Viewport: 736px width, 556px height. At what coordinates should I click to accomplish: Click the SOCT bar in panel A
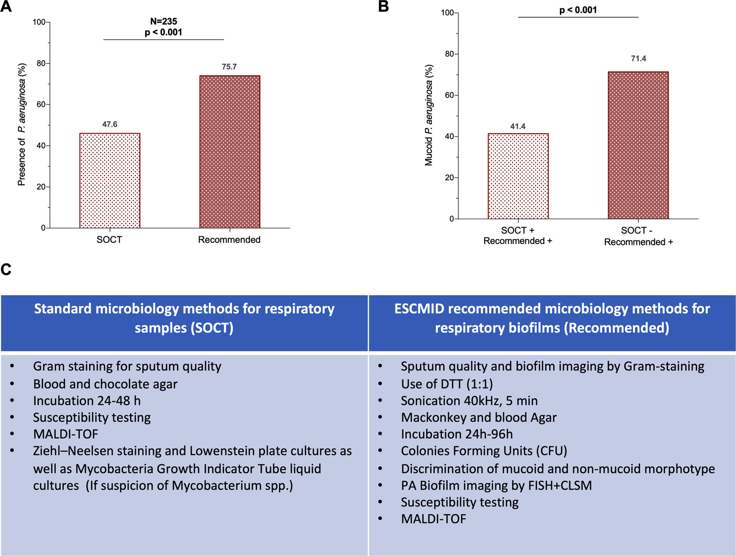coord(110,180)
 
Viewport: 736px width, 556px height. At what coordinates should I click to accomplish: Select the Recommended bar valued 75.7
coord(230,152)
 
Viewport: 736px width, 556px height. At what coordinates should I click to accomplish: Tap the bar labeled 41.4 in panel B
coord(518,176)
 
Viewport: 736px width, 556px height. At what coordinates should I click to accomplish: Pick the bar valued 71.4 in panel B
coord(638,145)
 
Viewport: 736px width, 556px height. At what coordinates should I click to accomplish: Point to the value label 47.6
coord(110,124)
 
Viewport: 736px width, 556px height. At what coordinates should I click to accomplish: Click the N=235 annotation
coord(163,21)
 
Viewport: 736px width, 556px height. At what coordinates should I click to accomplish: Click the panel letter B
coord(383,7)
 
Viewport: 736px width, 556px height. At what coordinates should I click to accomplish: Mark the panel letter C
coord(6,269)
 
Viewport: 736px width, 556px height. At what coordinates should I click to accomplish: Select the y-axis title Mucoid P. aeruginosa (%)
coord(428,115)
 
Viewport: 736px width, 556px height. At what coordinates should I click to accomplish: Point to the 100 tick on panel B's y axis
coord(447,13)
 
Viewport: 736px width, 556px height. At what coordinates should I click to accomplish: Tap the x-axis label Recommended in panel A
coord(229,240)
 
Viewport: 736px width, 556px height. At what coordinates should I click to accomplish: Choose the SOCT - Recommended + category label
coord(638,236)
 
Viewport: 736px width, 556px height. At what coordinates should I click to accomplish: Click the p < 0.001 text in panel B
coord(578,10)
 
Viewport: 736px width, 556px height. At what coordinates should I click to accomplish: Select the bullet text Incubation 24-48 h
coord(87,401)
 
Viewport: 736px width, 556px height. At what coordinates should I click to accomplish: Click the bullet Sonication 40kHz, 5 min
coord(469,401)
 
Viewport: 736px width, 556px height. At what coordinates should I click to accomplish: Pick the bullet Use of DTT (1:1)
coord(447,384)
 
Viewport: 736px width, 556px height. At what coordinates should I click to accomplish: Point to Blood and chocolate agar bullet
coord(105,384)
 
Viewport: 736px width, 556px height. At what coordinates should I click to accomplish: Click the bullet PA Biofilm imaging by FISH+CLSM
coord(496,486)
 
